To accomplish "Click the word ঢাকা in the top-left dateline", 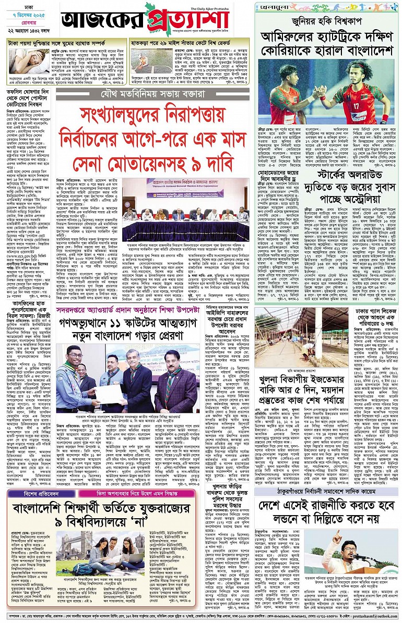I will [20, 8].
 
